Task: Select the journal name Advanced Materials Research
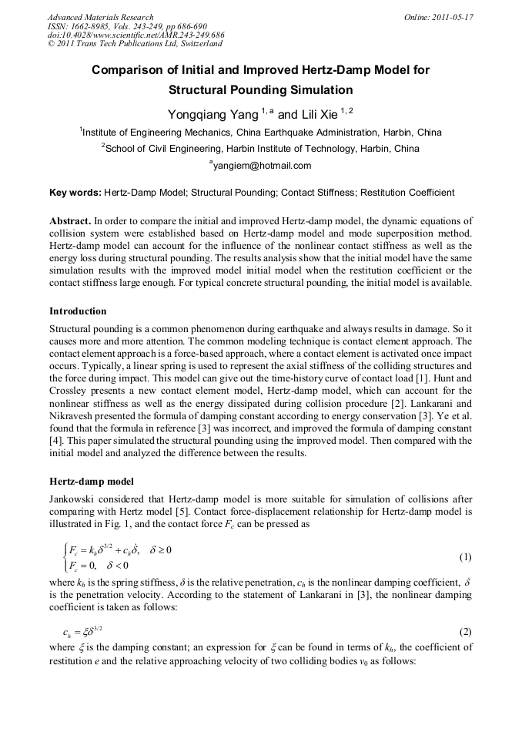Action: (100, 17)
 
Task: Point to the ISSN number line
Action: (119, 26)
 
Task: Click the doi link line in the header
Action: (136, 35)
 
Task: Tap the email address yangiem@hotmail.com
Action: (262, 165)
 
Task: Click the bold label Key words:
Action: (75, 193)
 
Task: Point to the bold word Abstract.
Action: (71, 220)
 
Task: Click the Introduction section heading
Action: (78, 311)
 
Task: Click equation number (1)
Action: (465, 556)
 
